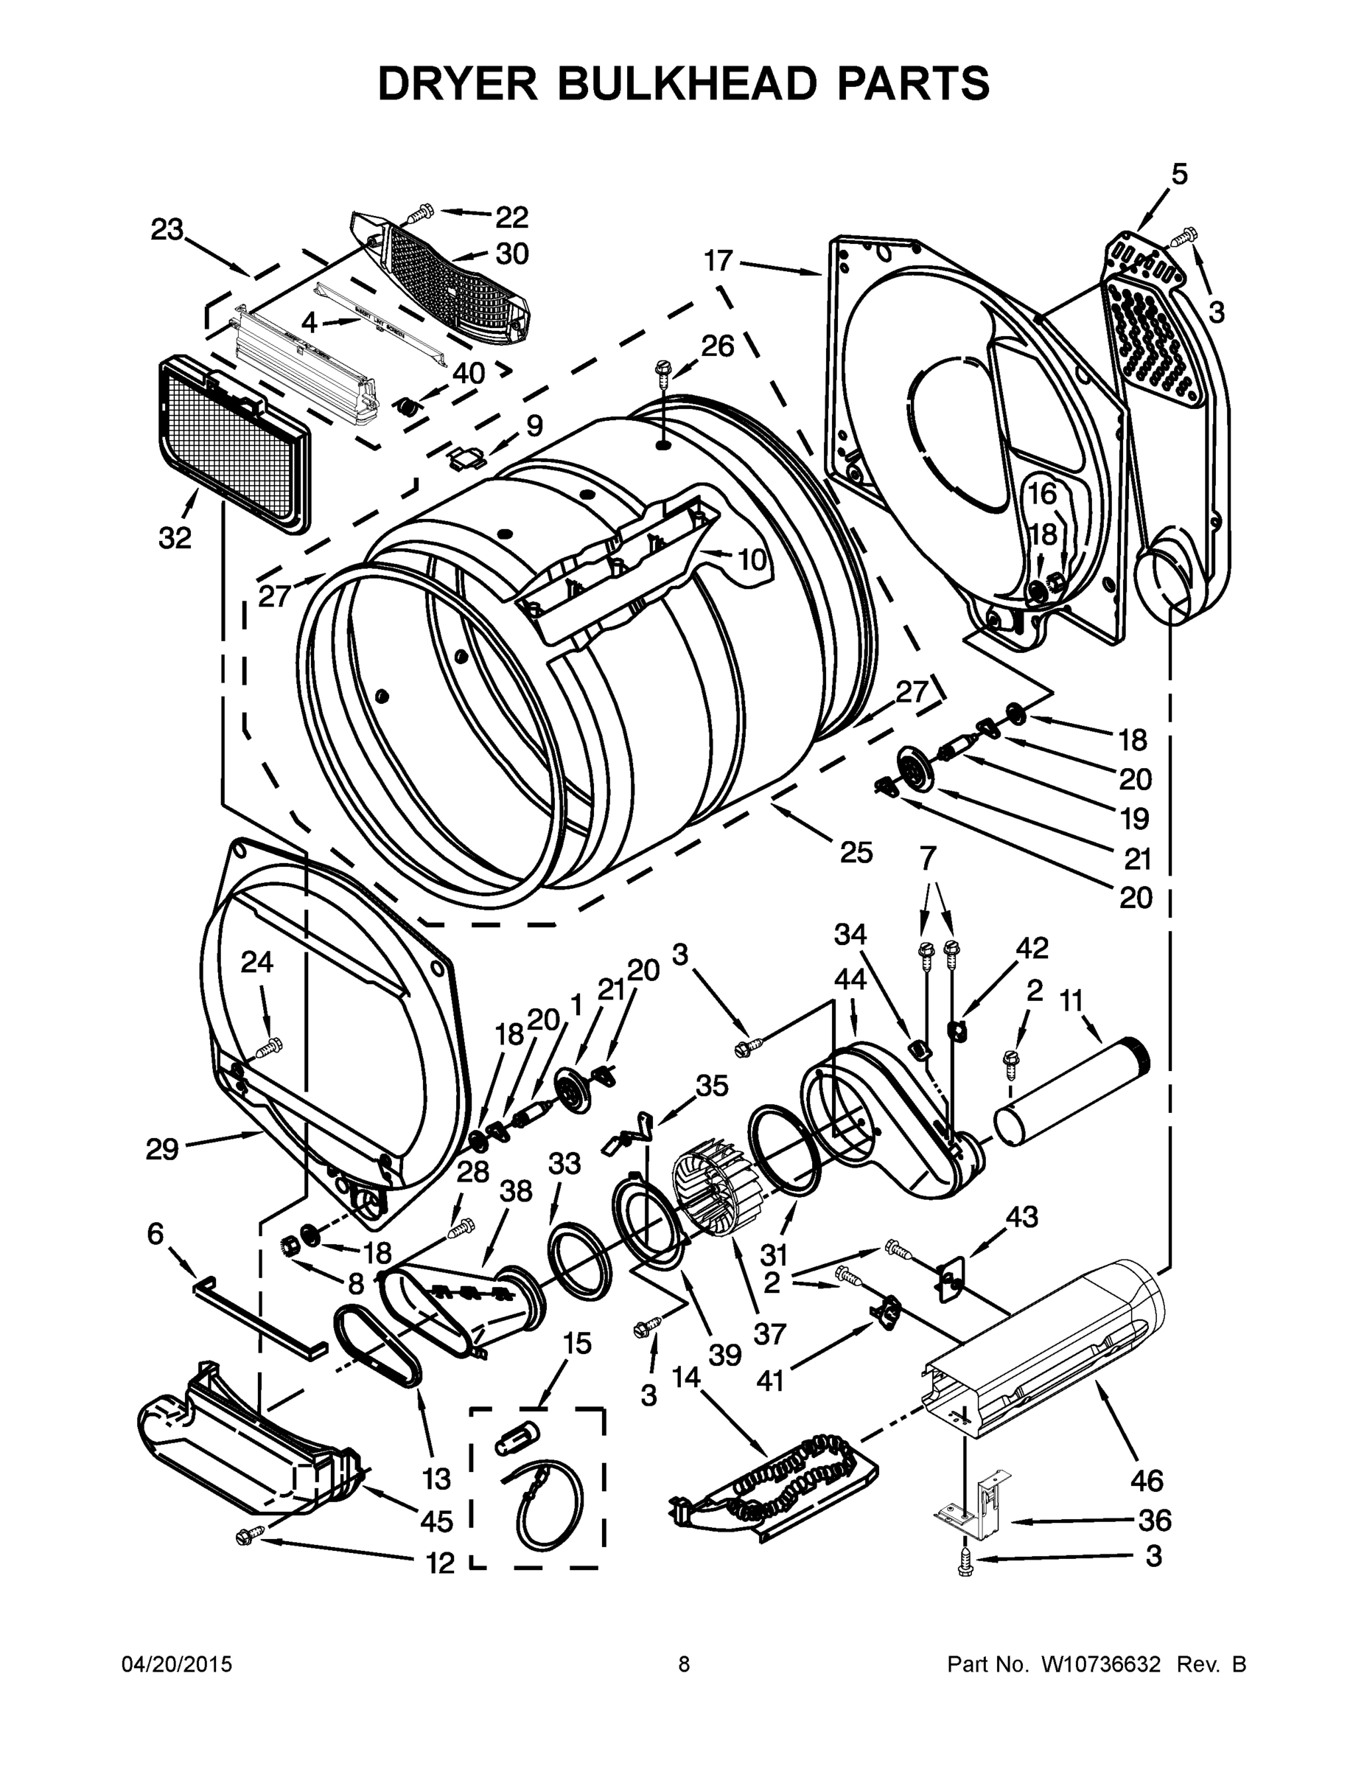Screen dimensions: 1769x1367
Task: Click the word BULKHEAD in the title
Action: pyautogui.click(x=685, y=83)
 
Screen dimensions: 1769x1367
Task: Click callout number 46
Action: pyautogui.click(x=1147, y=1481)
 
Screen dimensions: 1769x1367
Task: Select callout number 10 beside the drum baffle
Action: pyautogui.click(x=752, y=558)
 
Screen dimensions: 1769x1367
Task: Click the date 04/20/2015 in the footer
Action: pyautogui.click(x=177, y=1664)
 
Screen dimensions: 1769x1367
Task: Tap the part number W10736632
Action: pyautogui.click(x=1102, y=1664)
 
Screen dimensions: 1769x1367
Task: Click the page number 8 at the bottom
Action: pyautogui.click(x=685, y=1664)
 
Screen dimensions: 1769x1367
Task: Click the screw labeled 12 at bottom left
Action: pyautogui.click(x=248, y=1536)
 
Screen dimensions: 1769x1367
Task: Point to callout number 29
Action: pyautogui.click(x=162, y=1148)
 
